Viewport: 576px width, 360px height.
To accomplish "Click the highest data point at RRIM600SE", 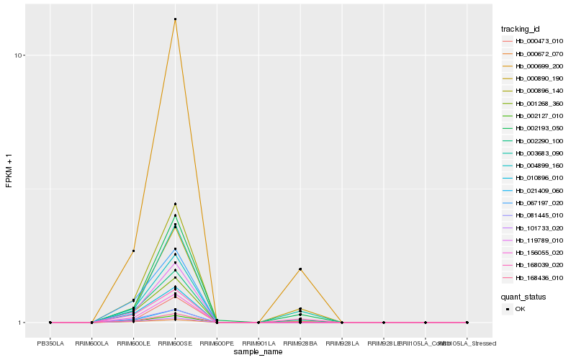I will coord(175,19).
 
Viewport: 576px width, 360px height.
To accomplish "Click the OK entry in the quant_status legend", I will coord(521,308).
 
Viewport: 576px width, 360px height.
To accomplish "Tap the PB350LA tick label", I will coord(50,343).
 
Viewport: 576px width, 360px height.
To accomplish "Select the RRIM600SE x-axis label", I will coord(175,343).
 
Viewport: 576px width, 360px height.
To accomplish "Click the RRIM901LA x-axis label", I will coord(258,343).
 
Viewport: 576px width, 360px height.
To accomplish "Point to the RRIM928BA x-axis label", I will coord(300,343).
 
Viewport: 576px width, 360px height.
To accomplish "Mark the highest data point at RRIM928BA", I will coord(300,269).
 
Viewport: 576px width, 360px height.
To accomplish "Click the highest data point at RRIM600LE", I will coord(133,251).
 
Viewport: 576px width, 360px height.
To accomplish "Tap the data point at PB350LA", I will coord(50,323).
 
